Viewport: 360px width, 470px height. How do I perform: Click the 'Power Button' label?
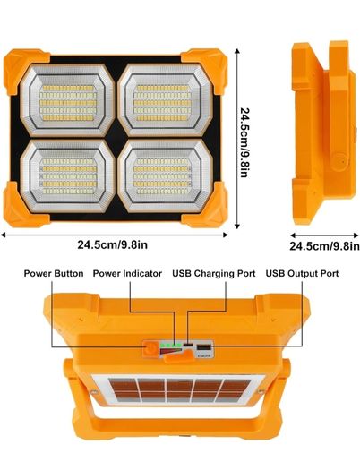coord(54,274)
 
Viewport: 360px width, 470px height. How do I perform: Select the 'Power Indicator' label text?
coord(127,274)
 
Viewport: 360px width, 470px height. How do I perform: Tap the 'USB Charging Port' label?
coord(214,274)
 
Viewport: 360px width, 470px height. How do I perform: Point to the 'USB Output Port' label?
coord(302,274)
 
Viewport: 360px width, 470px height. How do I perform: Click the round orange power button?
coord(150,348)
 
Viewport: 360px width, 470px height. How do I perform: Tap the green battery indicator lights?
coord(171,345)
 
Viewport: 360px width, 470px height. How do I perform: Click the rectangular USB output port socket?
coord(203,347)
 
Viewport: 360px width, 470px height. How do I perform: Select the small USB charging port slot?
coord(188,345)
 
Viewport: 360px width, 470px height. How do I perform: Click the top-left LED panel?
coord(68,100)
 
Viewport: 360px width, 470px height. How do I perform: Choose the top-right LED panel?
coord(166,100)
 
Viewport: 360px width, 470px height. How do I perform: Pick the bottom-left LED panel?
coord(68,176)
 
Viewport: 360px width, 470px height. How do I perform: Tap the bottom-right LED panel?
coord(166,176)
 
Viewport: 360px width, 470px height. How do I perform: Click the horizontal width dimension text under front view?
coord(113,245)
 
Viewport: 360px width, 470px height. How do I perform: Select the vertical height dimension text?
coord(244,142)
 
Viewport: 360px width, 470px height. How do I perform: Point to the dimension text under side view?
coord(325,246)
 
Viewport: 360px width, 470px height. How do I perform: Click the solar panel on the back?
coord(179,390)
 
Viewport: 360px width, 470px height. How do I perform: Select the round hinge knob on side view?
coord(341,160)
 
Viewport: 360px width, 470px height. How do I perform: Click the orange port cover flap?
coord(177,357)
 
